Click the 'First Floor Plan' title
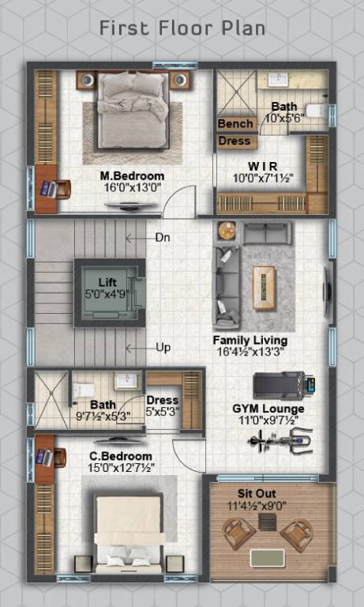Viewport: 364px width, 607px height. click(182, 28)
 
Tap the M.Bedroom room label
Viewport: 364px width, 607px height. click(132, 175)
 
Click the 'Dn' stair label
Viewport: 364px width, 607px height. click(162, 237)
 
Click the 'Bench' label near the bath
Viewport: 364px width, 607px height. click(235, 124)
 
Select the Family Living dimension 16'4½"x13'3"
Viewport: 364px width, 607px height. click(250, 353)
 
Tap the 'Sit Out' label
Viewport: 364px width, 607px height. click(272, 492)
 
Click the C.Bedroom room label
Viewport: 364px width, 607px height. click(121, 456)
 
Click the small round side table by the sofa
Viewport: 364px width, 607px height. click(227, 231)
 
